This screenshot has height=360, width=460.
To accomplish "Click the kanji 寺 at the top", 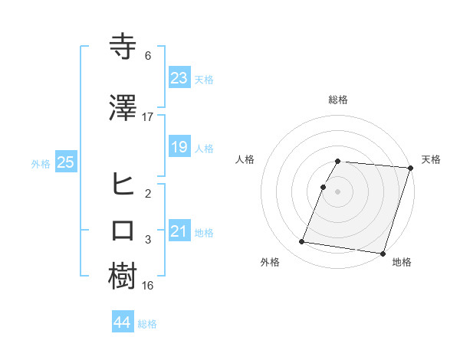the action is (124, 47).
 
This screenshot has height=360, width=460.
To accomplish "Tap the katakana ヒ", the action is (124, 183).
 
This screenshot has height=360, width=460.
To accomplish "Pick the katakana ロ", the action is (124, 231).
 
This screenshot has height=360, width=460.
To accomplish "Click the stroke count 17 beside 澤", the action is (148, 117).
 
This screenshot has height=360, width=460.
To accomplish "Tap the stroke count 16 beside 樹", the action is (148, 286).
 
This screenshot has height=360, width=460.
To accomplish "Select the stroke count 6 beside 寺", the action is (148, 56).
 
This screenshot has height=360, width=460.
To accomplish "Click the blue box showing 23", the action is (179, 78).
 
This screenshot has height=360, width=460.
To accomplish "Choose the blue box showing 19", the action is (179, 147).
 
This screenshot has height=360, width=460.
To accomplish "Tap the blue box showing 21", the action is (179, 231).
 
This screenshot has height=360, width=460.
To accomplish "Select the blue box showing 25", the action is (65, 162).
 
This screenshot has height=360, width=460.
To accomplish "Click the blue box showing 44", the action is (122, 323).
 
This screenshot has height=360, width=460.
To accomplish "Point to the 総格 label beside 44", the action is (147, 324).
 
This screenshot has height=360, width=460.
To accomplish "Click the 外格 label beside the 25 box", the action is (41, 163).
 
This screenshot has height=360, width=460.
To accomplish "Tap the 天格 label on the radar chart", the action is (431, 159).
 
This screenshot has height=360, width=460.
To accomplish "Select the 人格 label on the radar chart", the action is (245, 159).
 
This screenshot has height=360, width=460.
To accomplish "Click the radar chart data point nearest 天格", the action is (410, 169).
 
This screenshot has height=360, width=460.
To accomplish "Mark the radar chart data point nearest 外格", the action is (302, 242).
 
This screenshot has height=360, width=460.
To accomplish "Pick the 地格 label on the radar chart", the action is (401, 263).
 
